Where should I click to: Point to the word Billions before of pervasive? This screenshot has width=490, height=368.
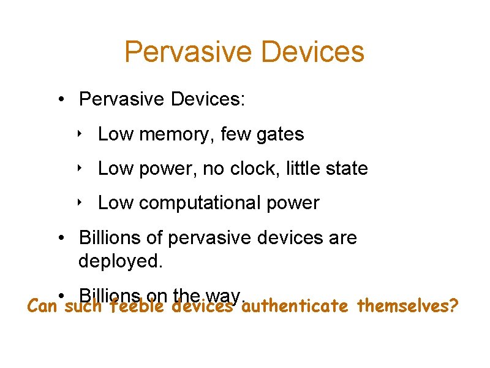click(x=115, y=238)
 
